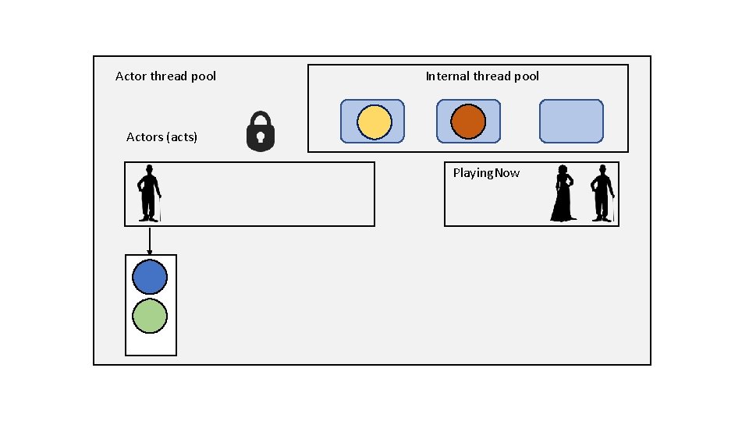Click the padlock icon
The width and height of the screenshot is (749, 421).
[261, 131]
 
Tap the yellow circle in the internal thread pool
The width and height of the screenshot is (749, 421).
[374, 122]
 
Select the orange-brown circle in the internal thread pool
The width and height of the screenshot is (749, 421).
[468, 122]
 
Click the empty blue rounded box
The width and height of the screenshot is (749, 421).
[571, 121]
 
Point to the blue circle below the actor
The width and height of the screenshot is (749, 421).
[150, 277]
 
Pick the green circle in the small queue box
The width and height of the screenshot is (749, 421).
[150, 317]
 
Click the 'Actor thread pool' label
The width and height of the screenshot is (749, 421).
[165, 76]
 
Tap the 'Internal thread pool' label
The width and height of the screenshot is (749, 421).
[482, 76]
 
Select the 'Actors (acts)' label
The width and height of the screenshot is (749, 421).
[162, 137]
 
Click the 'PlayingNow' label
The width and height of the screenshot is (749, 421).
[486, 173]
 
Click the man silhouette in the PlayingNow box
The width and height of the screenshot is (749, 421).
[602, 193]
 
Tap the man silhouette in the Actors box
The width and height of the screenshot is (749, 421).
[149, 193]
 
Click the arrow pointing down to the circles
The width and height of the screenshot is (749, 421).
[150, 240]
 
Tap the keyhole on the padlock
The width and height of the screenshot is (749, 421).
[261, 138]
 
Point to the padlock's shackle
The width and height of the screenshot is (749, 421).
[261, 119]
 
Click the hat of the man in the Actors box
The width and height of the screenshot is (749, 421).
[148, 168]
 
